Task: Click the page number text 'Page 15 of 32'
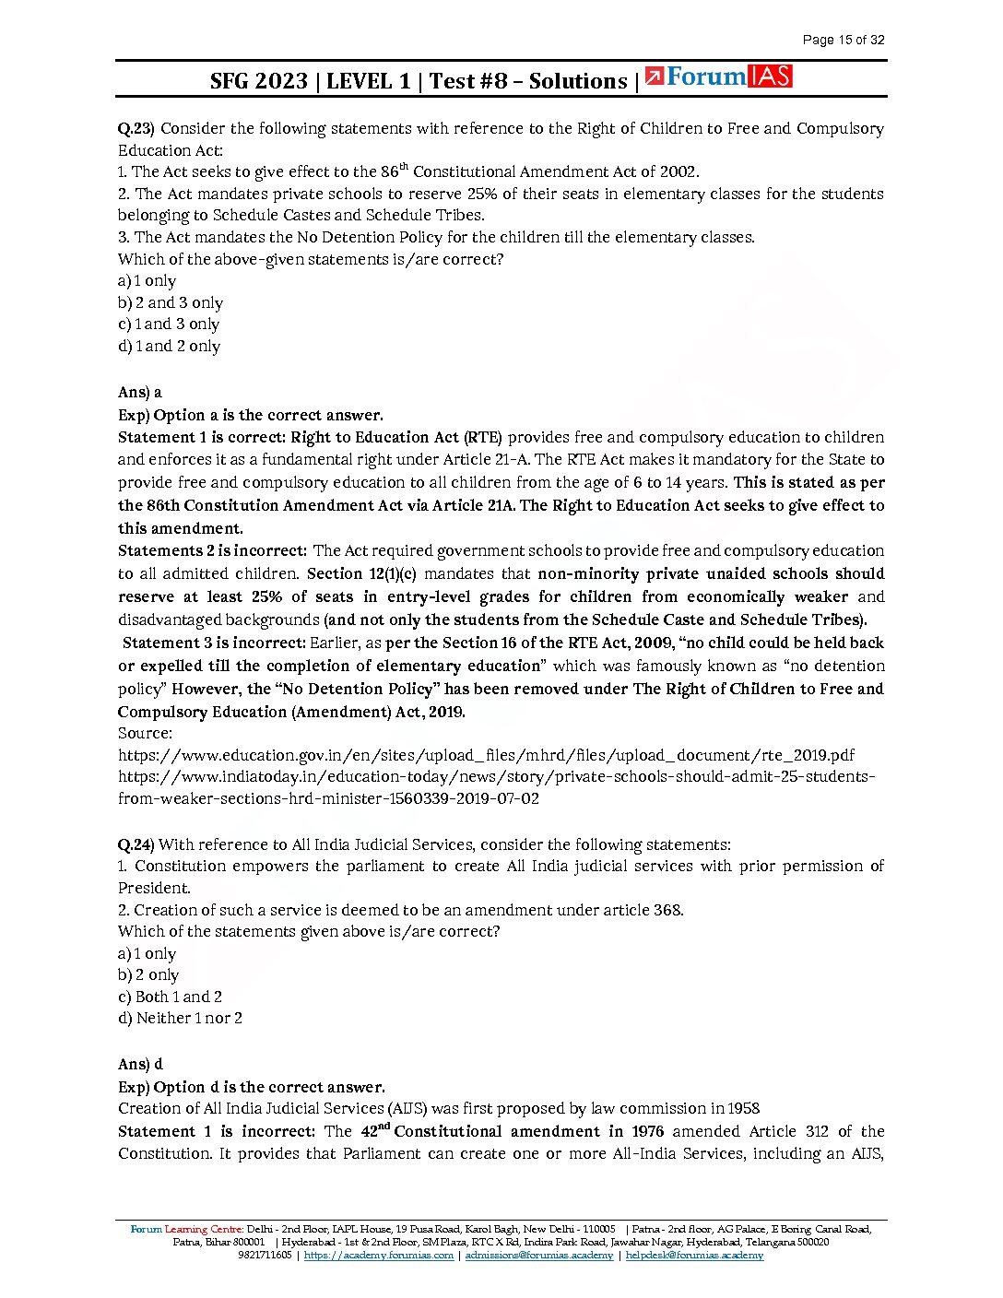[x=843, y=40]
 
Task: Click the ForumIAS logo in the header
[x=719, y=77]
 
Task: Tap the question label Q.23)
[x=136, y=129]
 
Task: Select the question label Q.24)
[x=136, y=844]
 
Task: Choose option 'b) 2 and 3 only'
[x=171, y=303]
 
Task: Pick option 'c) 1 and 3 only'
[x=169, y=324]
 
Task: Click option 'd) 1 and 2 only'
[x=169, y=347]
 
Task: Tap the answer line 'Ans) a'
[x=140, y=393]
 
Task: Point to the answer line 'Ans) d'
[x=140, y=1064]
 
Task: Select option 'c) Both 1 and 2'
[x=170, y=997]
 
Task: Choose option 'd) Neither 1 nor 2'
[x=180, y=1019]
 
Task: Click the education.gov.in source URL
[x=486, y=755]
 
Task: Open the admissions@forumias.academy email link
[x=538, y=1256]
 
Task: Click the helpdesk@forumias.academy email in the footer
[x=694, y=1256]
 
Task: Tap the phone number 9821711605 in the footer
[x=265, y=1256]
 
